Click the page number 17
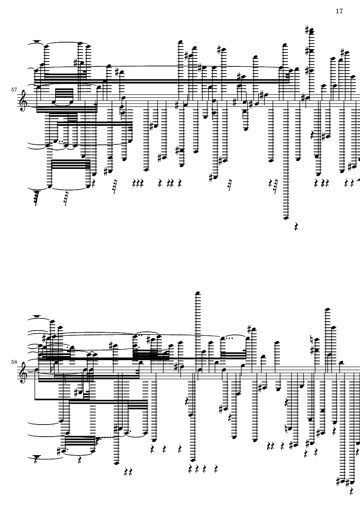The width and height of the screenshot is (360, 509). [339, 11]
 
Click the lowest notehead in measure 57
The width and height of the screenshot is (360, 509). [285, 218]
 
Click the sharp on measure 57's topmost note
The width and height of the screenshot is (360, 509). [307, 30]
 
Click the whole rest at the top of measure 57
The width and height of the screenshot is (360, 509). [38, 42]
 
